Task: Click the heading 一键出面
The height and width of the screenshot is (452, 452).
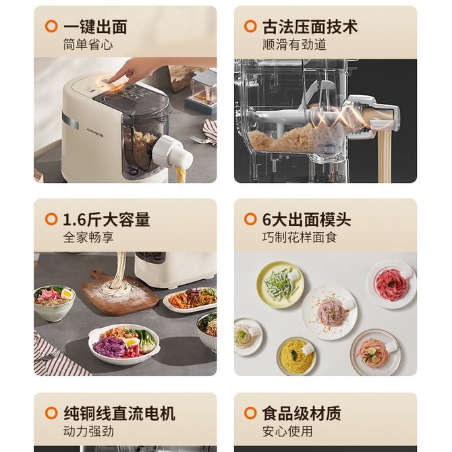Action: coord(95,27)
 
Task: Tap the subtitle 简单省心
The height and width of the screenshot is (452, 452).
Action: coord(88,45)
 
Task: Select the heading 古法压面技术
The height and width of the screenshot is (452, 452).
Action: coord(310,27)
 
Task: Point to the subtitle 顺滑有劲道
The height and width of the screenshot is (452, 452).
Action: coord(294,45)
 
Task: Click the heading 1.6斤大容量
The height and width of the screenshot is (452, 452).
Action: coord(107,220)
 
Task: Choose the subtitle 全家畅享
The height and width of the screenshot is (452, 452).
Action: coord(88,237)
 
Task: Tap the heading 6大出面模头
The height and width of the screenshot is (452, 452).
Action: coord(307,220)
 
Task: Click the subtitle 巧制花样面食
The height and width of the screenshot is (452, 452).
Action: coord(300,237)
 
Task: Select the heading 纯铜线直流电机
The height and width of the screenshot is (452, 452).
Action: coord(119,414)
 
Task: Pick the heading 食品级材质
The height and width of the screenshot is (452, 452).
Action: coord(302,414)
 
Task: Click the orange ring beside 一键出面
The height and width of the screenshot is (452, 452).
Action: coord(51,26)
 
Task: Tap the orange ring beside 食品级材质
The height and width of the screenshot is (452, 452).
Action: coord(250,413)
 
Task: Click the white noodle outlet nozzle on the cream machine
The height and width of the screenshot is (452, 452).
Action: coord(172,152)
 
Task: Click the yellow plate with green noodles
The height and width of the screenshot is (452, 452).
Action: coord(279,285)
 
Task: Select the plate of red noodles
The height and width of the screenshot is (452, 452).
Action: coord(392,283)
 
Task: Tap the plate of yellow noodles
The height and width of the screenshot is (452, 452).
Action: coord(296,356)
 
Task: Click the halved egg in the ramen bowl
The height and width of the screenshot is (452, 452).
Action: coord(67,294)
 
